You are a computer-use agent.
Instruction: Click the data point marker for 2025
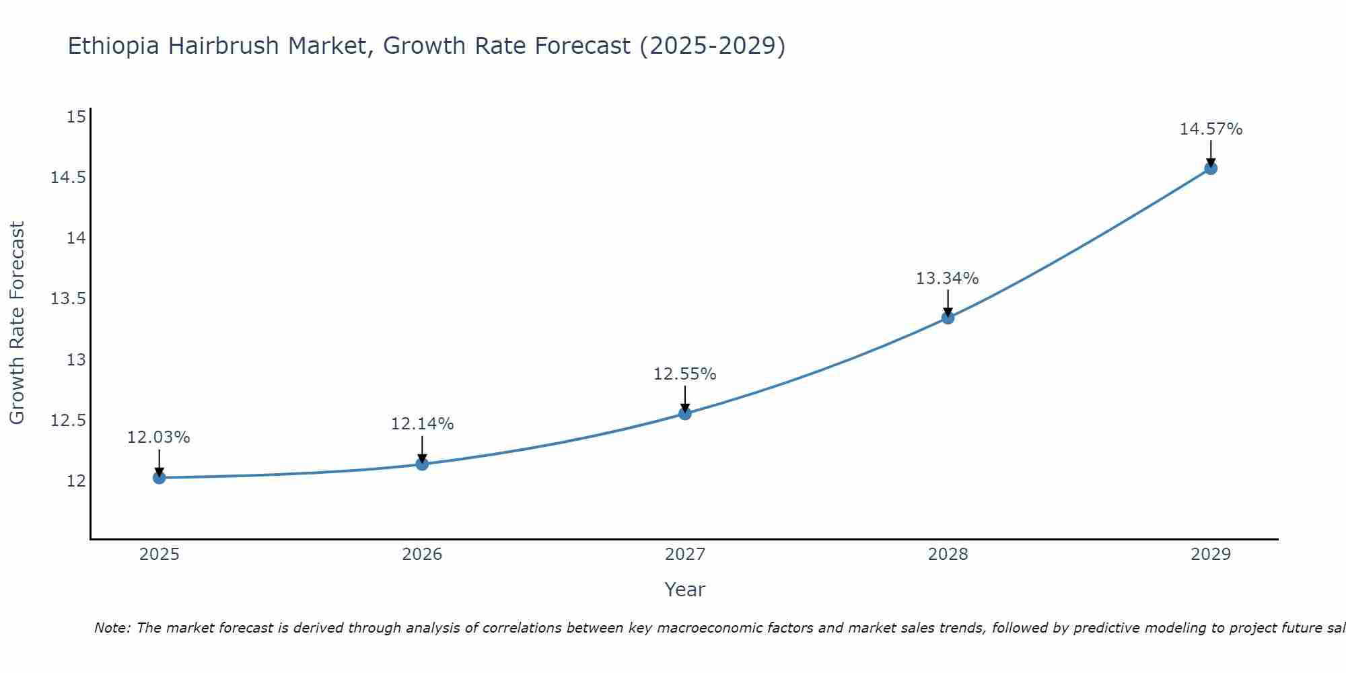click(159, 478)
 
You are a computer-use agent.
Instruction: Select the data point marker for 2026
click(422, 464)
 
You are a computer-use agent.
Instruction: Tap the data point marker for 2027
click(685, 413)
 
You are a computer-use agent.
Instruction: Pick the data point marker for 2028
click(948, 318)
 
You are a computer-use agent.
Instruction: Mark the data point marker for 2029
click(1211, 168)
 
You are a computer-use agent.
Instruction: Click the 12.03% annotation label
click(159, 437)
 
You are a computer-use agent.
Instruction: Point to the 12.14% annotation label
click(422, 424)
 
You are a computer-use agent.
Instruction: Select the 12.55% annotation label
click(685, 374)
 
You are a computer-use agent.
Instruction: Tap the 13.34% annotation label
click(948, 279)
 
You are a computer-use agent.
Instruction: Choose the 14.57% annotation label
click(1211, 129)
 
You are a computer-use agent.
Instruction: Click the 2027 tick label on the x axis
click(685, 555)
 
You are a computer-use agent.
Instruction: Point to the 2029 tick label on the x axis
click(1211, 555)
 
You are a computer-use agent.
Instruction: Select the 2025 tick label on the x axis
click(159, 555)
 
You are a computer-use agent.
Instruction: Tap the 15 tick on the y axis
click(77, 117)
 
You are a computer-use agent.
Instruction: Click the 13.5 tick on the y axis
click(69, 299)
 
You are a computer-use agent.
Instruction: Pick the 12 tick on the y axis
click(77, 481)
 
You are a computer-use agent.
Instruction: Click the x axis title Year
click(685, 590)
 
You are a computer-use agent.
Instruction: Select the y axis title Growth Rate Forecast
click(17, 323)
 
